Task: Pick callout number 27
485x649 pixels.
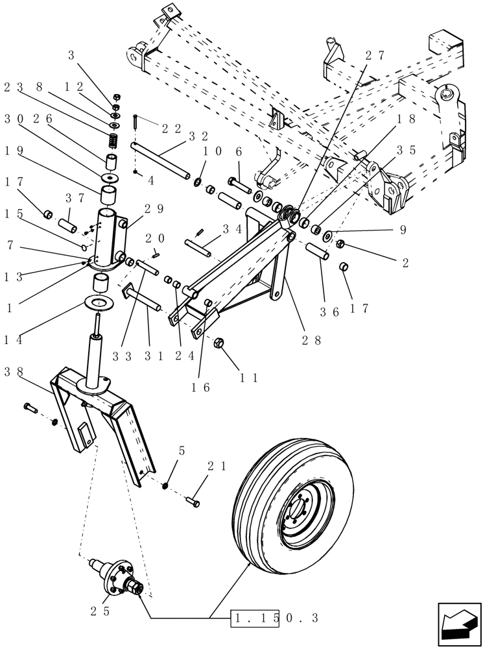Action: tap(375, 56)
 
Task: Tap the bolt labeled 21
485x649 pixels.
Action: tap(193, 502)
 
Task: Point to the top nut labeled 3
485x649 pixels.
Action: tap(116, 95)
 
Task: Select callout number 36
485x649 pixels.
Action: tap(331, 312)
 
